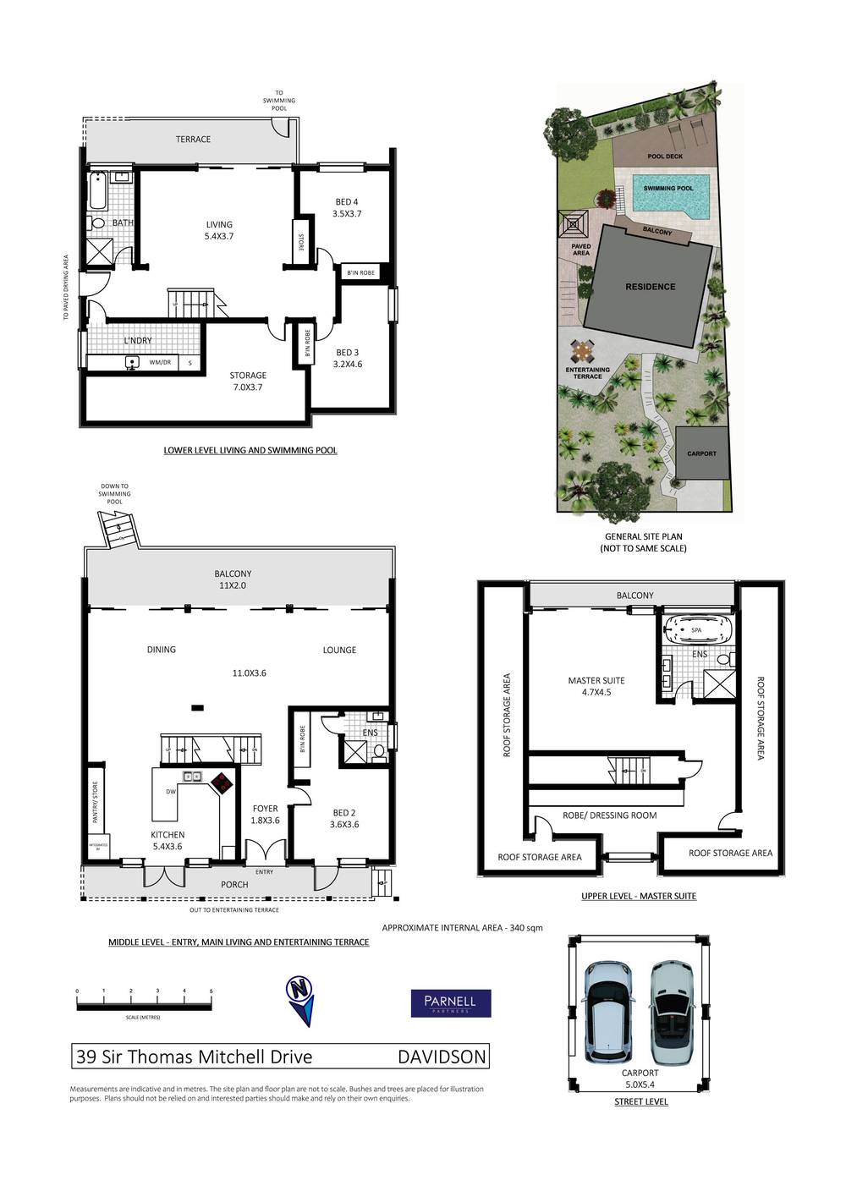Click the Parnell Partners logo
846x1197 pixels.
pos(450,1003)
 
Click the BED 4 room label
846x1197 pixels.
pos(347,208)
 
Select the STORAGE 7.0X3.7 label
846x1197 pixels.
pos(248,381)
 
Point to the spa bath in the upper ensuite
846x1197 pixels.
pos(696,630)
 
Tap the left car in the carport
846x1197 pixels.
pos(608,1011)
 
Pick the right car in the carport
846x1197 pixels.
pos(673,1011)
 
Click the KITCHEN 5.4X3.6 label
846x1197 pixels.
pos(168,840)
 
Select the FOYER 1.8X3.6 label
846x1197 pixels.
pos(266,814)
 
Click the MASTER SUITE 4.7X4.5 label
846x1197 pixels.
pos(596,686)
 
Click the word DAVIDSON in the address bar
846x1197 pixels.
pos(442,1057)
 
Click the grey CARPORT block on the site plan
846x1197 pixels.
pos(701,453)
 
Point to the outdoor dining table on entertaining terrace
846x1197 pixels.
pos(581,349)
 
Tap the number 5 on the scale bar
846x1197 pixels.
pos(211,991)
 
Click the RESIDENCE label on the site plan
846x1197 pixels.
pos(650,287)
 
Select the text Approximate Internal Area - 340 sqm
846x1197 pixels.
pos(462,928)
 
